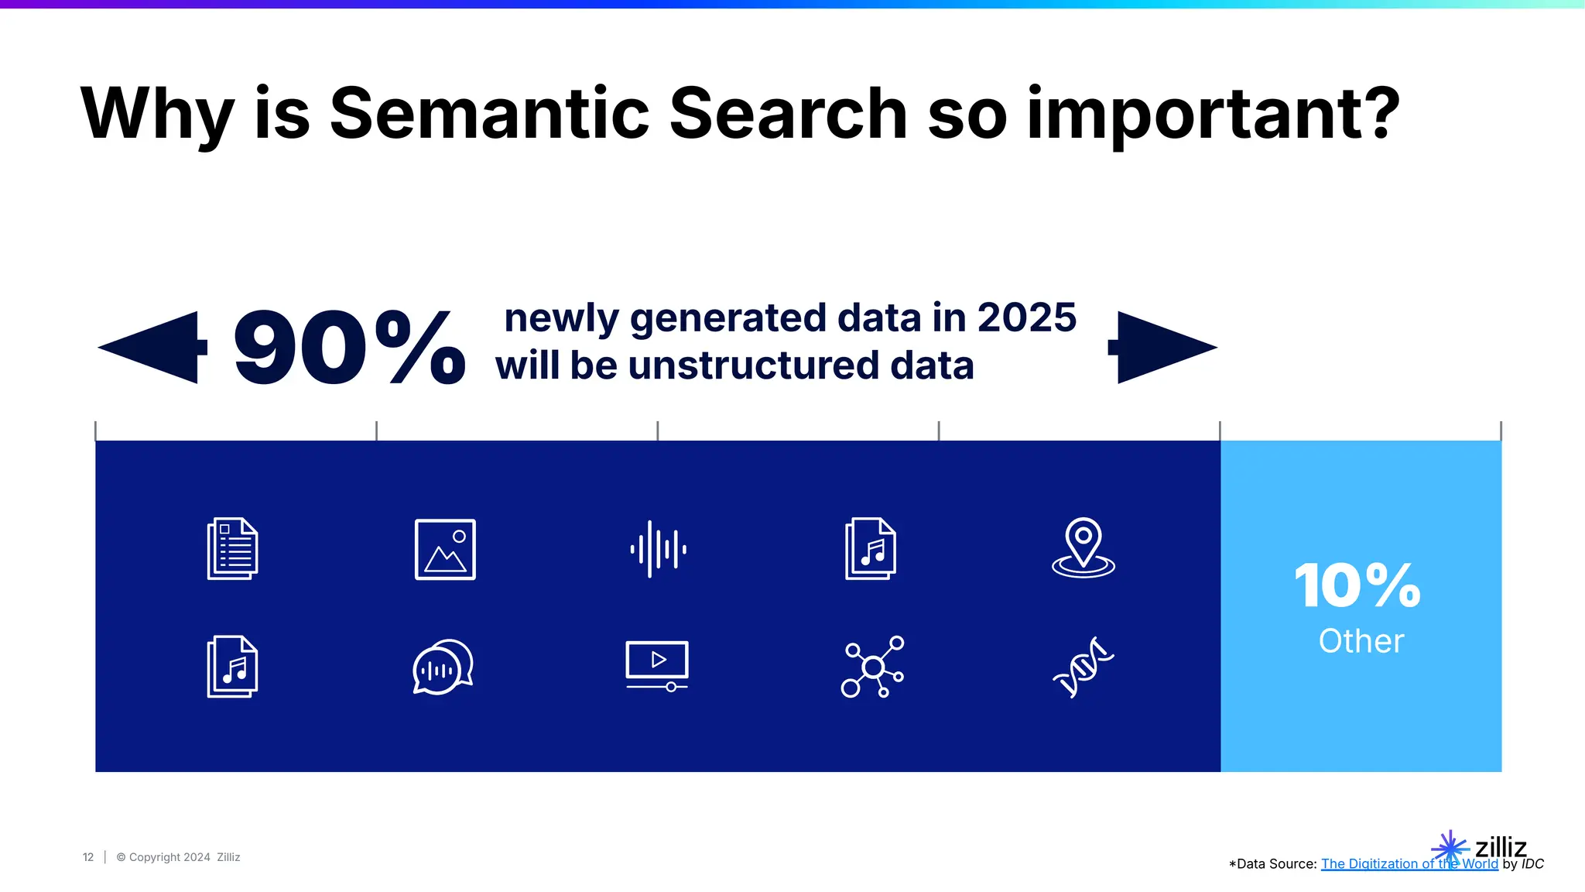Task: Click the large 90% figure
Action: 349,348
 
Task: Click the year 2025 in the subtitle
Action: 1026,317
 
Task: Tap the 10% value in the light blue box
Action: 1357,585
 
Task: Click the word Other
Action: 1361,641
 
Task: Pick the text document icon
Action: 232,548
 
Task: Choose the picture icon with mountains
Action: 445,549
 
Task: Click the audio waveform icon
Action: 658,549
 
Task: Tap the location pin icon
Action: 1083,547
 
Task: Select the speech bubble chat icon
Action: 443,667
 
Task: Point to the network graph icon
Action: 872,667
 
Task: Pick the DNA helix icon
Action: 1083,667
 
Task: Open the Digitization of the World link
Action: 1409,864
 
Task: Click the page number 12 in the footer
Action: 88,857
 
